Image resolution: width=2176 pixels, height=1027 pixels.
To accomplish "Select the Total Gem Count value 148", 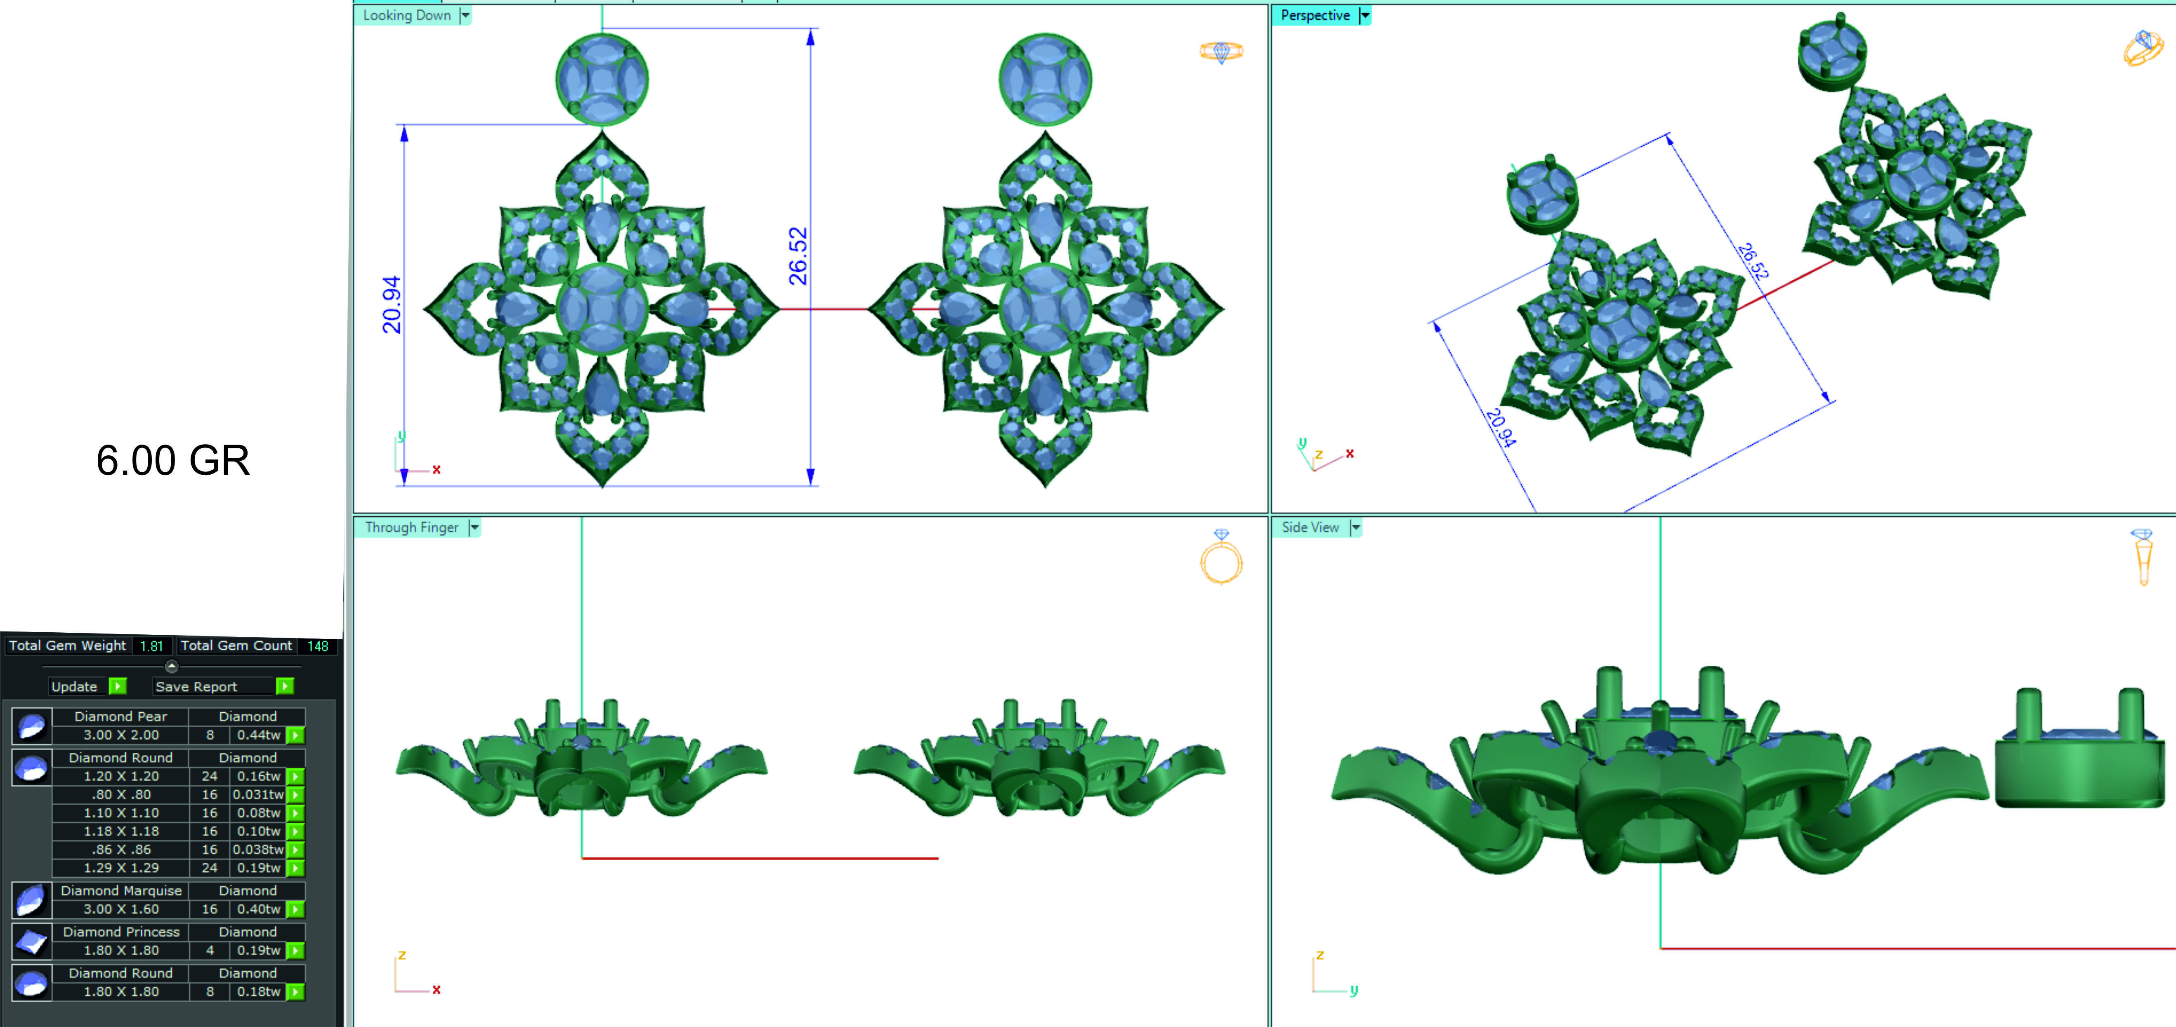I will [x=318, y=646].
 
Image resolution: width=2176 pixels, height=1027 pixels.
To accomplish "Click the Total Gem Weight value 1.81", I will [x=151, y=646].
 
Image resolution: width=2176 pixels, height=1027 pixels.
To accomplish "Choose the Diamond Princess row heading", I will [x=121, y=932].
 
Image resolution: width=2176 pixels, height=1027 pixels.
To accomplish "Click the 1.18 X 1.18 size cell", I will [x=121, y=831].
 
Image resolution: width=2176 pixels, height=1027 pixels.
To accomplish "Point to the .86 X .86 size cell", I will [x=121, y=850].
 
